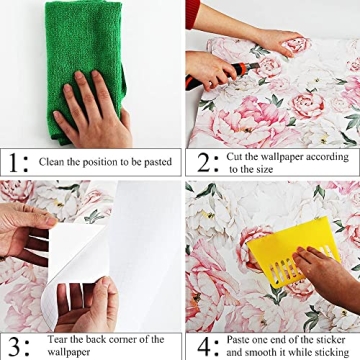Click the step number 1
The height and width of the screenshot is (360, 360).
click(14, 161)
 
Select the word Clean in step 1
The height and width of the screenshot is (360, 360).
click(53, 162)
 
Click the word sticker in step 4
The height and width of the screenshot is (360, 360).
click(334, 340)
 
